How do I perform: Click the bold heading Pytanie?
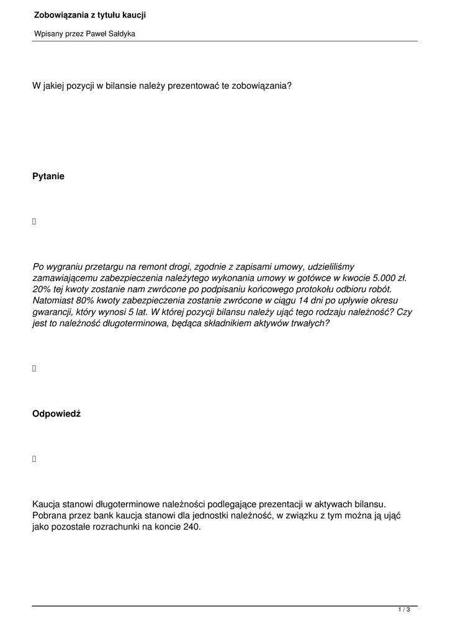[x=48, y=176]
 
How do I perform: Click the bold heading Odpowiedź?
[x=56, y=414]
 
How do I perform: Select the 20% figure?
[x=41, y=290]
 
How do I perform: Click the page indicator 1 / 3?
[x=404, y=610]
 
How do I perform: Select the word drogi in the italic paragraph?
[x=199, y=267]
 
